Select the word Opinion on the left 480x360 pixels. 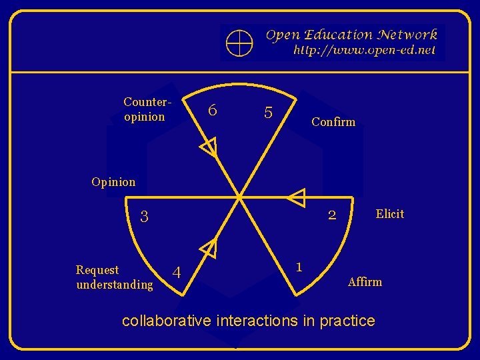[113, 182]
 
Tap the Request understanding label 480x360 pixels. [114, 277]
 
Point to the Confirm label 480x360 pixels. [333, 122]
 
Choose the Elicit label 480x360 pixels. [389, 214]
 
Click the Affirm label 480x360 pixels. [365, 282]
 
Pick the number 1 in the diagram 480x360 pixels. [299, 267]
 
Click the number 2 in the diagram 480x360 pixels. [331, 216]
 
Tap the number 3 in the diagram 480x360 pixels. [144, 217]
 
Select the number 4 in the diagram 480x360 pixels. [177, 273]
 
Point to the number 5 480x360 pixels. [268, 113]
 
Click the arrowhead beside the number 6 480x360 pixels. [209, 147]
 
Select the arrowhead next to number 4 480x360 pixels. [209, 249]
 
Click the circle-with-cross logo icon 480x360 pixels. [239, 43]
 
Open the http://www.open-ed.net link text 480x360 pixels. [364, 50]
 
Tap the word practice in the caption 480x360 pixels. [347, 321]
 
